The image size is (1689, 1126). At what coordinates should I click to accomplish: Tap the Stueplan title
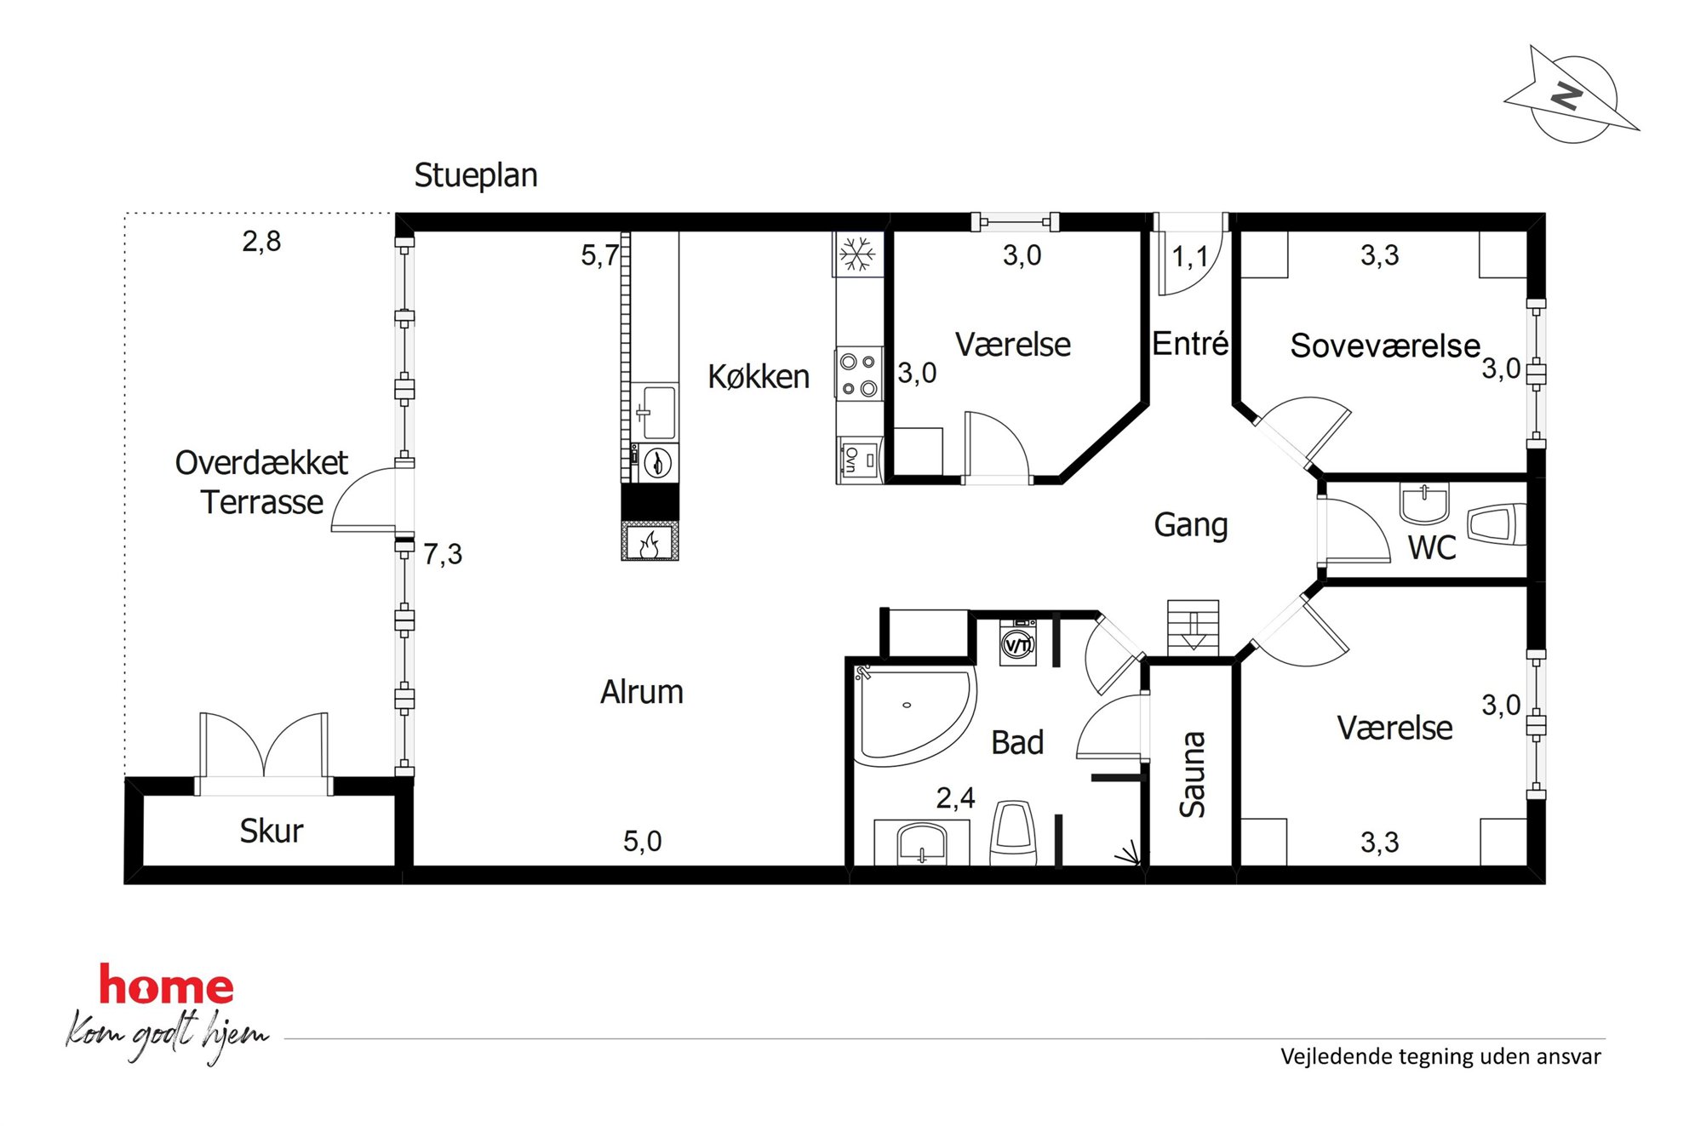[476, 175]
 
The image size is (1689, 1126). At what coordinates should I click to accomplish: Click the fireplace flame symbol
[650, 543]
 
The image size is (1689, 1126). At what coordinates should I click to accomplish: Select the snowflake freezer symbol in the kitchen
[857, 254]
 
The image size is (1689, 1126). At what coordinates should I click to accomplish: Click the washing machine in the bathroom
[1018, 643]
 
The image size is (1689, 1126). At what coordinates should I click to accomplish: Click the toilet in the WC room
[1497, 524]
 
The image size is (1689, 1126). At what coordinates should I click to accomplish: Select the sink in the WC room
[1423, 503]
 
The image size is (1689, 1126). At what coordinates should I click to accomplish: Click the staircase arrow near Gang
[1194, 631]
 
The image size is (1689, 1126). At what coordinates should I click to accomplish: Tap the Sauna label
[1192, 774]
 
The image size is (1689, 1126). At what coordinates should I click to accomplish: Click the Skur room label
[271, 832]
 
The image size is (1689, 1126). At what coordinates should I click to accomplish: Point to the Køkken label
[759, 376]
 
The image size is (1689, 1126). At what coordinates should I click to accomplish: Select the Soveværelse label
[1385, 346]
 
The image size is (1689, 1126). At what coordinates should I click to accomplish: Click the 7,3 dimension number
[443, 554]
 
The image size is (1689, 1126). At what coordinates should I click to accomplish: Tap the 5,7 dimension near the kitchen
[599, 255]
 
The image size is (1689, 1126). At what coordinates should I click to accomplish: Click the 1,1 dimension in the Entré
[1190, 256]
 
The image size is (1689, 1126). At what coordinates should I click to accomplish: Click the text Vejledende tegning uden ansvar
[1440, 1057]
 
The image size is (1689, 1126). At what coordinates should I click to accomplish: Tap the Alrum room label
[642, 692]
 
